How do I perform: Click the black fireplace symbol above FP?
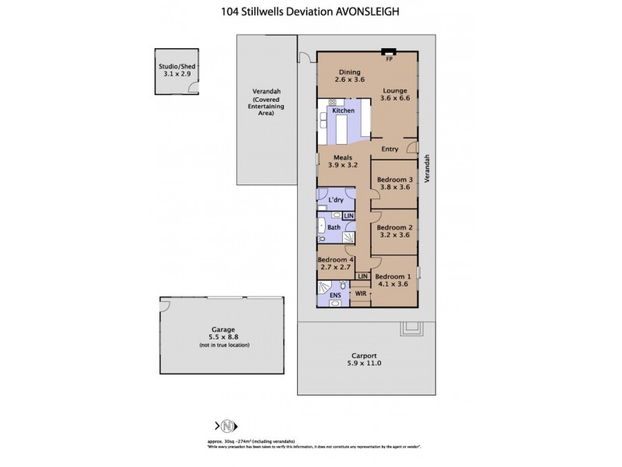coord(389,51)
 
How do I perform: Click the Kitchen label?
coord(343,111)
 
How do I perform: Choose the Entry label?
coord(390,149)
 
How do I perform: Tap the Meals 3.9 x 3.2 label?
coord(341,161)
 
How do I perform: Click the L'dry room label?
coord(336,200)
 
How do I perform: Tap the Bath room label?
coord(334,227)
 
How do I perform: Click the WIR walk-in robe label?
coord(360,293)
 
